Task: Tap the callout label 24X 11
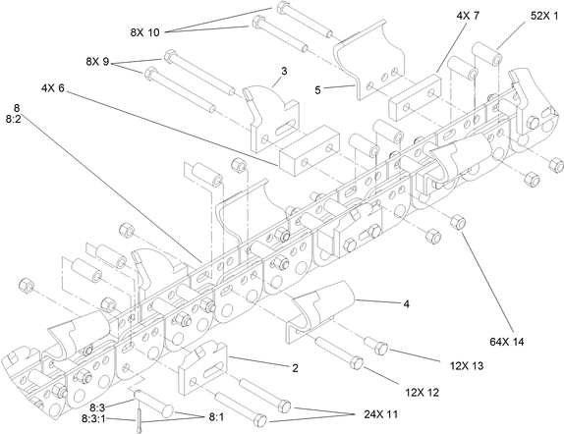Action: click(x=348, y=415)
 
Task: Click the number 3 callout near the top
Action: click(x=284, y=71)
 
